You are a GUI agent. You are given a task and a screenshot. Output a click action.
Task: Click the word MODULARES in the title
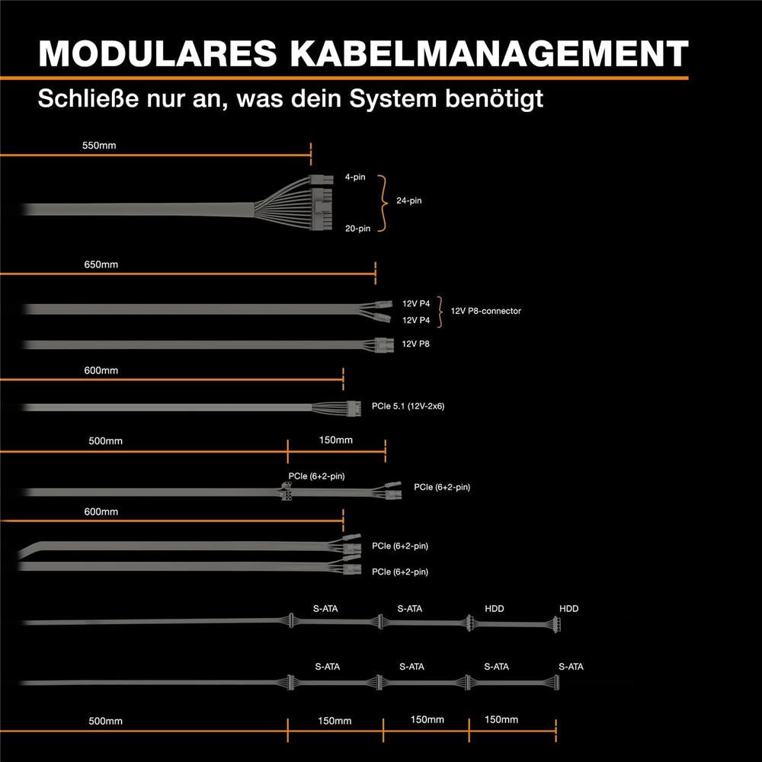(x=158, y=53)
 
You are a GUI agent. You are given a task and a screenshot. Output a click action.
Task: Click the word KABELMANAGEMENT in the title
(x=489, y=53)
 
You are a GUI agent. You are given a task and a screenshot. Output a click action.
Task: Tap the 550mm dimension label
(x=99, y=146)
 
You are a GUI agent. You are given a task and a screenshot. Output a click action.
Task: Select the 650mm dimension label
(x=101, y=264)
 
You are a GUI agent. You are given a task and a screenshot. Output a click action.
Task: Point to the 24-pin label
(x=408, y=200)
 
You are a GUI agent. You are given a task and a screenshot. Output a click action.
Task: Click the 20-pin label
(x=357, y=229)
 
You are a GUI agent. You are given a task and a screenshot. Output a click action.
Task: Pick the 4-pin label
(x=355, y=177)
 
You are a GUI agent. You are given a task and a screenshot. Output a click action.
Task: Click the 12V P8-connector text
(x=486, y=311)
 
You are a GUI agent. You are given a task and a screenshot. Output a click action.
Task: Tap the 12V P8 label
(x=415, y=344)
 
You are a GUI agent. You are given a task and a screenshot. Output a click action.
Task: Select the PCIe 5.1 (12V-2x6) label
(x=408, y=406)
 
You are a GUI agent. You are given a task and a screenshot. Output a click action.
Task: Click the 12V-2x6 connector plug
(x=354, y=408)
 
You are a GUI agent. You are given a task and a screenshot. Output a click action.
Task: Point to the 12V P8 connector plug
(x=384, y=345)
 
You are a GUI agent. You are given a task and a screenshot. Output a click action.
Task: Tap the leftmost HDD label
(x=495, y=608)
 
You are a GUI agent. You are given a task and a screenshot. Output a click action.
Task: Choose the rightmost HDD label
(x=569, y=608)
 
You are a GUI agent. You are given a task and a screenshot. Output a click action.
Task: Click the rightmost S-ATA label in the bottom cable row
(x=571, y=667)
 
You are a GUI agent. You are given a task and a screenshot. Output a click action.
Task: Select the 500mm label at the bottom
(x=105, y=721)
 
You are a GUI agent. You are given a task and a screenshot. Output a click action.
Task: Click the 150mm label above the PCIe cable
(x=336, y=440)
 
